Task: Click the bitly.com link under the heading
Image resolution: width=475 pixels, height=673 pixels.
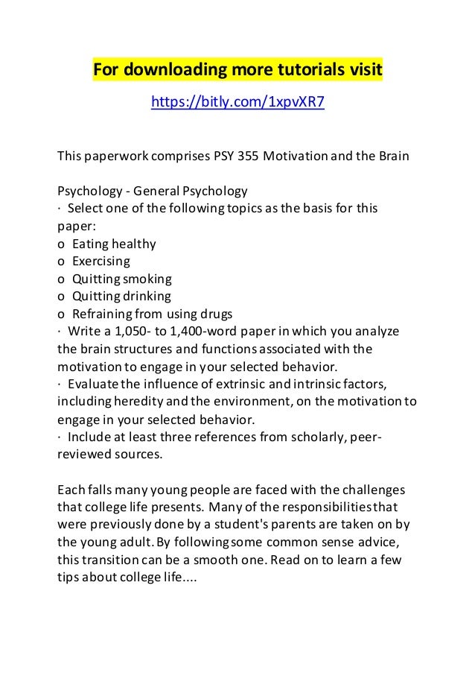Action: pos(238,101)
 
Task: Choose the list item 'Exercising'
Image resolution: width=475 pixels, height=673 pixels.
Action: pos(101,261)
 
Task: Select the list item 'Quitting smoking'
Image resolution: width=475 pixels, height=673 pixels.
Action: pos(122,279)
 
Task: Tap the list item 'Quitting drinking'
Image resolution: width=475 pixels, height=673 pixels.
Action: pos(121,296)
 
